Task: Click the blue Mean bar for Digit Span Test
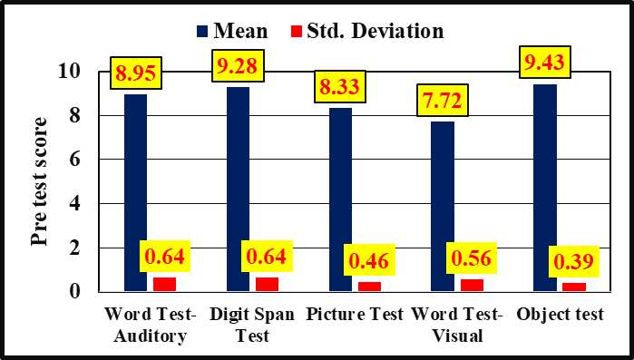(x=239, y=190)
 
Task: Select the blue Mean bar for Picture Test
(x=340, y=199)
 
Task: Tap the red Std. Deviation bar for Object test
(x=574, y=287)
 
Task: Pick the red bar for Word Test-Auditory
(x=164, y=285)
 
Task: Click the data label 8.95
(x=136, y=73)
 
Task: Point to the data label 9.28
(x=238, y=66)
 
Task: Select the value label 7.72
(x=443, y=101)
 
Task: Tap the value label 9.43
(x=544, y=62)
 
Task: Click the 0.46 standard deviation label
(x=369, y=261)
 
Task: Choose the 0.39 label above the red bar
(x=574, y=261)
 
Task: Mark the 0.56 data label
(x=472, y=258)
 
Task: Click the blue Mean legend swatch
(x=202, y=31)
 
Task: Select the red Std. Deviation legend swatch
(x=297, y=31)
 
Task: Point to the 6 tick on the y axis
(x=74, y=160)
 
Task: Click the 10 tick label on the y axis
(x=69, y=72)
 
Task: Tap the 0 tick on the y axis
(x=74, y=291)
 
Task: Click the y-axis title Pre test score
(x=39, y=181)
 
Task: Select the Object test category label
(x=560, y=315)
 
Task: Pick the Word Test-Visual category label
(x=457, y=325)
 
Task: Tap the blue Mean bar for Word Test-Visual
(x=443, y=207)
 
